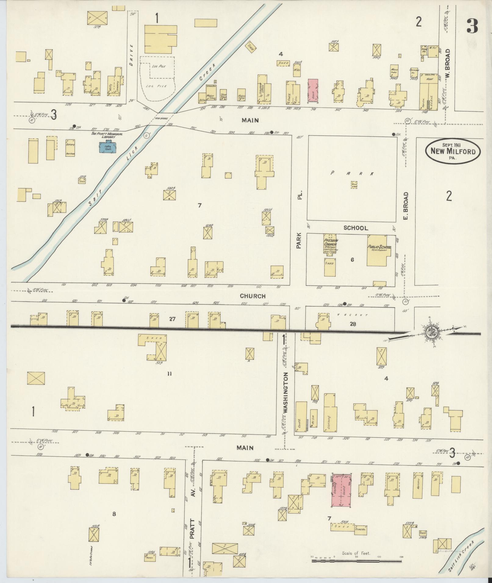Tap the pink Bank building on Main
point(313,90)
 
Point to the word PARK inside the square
point(352,173)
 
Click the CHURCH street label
point(252,296)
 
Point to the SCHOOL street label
point(356,228)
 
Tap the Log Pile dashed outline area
point(158,78)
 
